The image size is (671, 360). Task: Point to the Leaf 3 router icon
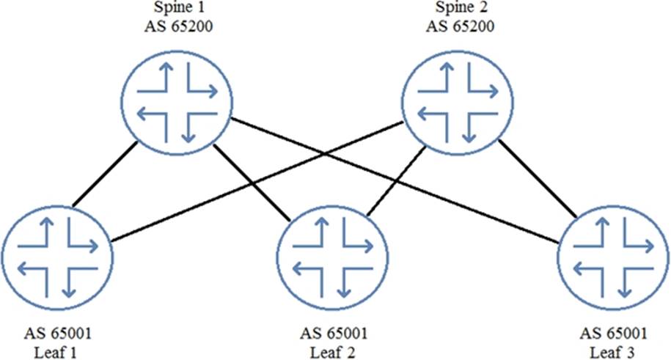click(615, 254)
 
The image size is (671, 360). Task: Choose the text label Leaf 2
click(335, 350)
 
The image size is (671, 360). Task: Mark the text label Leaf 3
click(615, 350)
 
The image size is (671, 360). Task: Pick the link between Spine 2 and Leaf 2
click(396, 180)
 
